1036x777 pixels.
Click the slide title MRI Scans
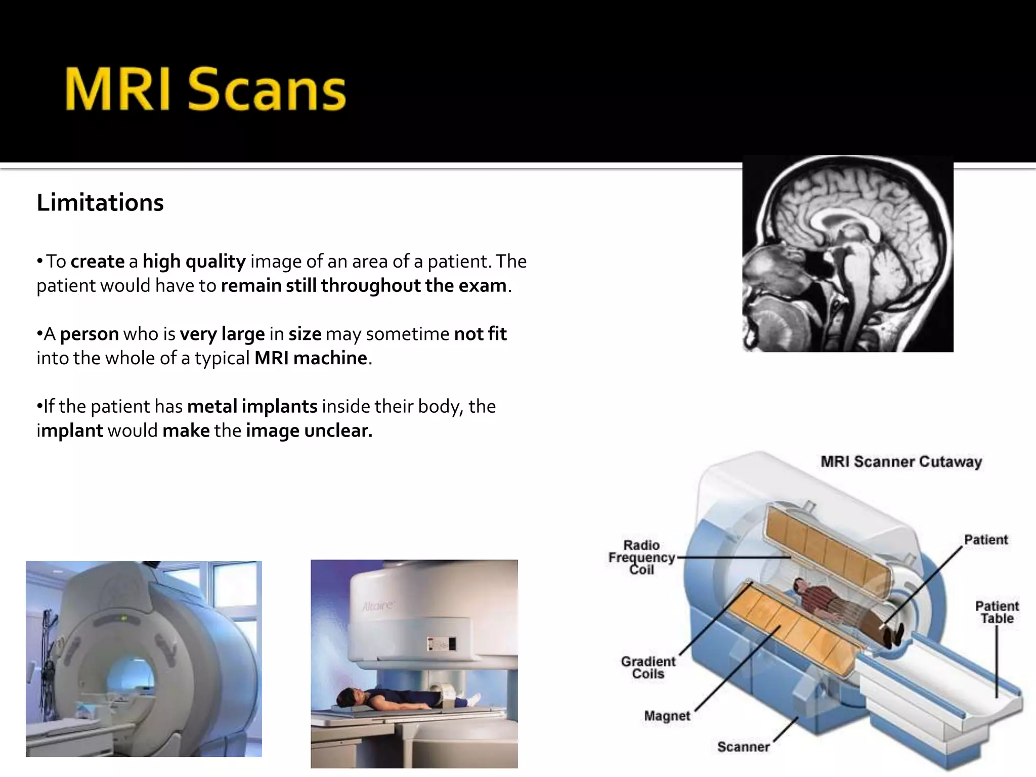pyautogui.click(x=205, y=90)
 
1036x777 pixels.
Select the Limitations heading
pyautogui.click(x=100, y=202)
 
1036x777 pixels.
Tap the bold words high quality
pyautogui.click(x=194, y=262)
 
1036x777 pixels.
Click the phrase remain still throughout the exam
pyautogui.click(x=363, y=286)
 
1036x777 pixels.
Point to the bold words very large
pyautogui.click(x=222, y=334)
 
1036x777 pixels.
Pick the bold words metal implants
pyautogui.click(x=252, y=407)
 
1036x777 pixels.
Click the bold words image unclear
pyautogui.click(x=309, y=431)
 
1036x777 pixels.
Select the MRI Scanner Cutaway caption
pyautogui.click(x=901, y=462)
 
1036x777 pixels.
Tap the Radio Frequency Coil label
pyautogui.click(x=641, y=557)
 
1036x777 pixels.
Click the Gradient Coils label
pyautogui.click(x=648, y=668)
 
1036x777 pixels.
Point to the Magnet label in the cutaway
pyautogui.click(x=667, y=716)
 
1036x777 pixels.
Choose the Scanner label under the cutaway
pyautogui.click(x=743, y=747)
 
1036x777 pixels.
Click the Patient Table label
pyautogui.click(x=997, y=612)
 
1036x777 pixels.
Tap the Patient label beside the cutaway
pyautogui.click(x=985, y=540)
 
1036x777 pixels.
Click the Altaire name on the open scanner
pyautogui.click(x=377, y=606)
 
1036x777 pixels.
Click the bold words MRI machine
pyautogui.click(x=311, y=358)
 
